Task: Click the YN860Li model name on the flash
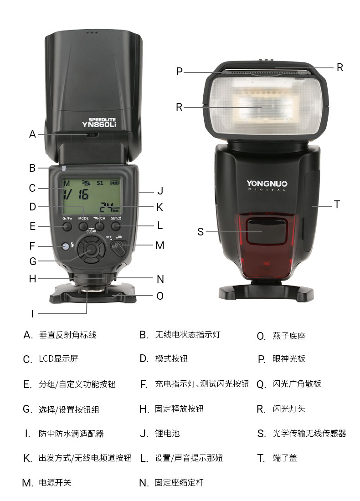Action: pos(99,125)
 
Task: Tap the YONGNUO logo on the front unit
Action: pos(267,184)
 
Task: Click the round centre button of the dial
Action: pos(92,249)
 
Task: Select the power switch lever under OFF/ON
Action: pos(118,248)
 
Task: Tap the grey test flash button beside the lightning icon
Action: pos(66,246)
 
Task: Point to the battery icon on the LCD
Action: pos(115,183)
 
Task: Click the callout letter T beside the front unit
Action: pos(337,204)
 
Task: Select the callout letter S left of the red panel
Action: pos(201,232)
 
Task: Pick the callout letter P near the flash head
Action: pos(180,72)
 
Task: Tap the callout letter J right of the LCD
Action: pos(160,191)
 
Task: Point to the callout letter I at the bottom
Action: pos(32,313)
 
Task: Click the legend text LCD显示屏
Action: pos(58,359)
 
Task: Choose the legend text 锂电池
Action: pos(167,434)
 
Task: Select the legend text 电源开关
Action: pos(55,482)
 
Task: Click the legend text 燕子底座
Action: pos(289,336)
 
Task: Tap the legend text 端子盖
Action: pos(285,458)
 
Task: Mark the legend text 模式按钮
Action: pos(171,358)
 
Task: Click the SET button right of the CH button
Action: pos(116,226)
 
